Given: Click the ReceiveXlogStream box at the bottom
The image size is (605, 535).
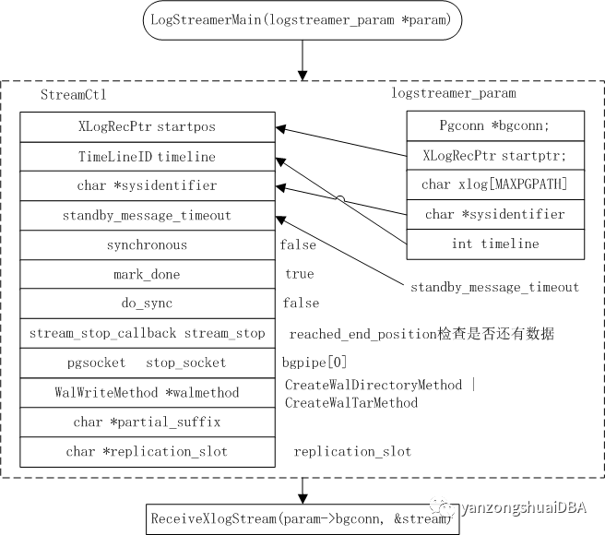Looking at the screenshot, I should (x=302, y=519).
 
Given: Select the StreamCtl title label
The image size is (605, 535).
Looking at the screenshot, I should (x=69, y=95).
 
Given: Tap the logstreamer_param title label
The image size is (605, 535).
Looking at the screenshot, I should (x=455, y=93).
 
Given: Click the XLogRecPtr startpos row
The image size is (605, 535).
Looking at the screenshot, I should (x=148, y=126).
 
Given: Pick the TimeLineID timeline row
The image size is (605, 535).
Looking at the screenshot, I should (x=148, y=156).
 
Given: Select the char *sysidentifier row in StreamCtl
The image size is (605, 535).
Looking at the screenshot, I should (x=148, y=185).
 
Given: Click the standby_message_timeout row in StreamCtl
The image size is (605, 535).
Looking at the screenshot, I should (x=148, y=215).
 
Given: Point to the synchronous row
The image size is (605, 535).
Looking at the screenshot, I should (x=148, y=244).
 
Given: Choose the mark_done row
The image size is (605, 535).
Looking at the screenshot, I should (x=148, y=274).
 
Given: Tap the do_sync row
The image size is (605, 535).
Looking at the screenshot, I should (x=148, y=303).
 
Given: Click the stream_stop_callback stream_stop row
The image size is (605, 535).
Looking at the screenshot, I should (x=148, y=333).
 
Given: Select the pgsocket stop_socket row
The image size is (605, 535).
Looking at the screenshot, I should (x=148, y=363).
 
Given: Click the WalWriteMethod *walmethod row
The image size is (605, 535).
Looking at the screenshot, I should (x=148, y=392).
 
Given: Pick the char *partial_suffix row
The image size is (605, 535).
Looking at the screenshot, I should (x=148, y=422).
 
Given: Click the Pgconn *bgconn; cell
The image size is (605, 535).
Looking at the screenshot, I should (x=496, y=125).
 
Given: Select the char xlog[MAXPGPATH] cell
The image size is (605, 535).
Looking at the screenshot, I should (x=496, y=184).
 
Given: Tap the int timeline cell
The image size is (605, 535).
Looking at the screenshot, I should (x=496, y=244).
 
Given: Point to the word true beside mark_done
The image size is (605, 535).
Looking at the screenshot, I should (x=300, y=274).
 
